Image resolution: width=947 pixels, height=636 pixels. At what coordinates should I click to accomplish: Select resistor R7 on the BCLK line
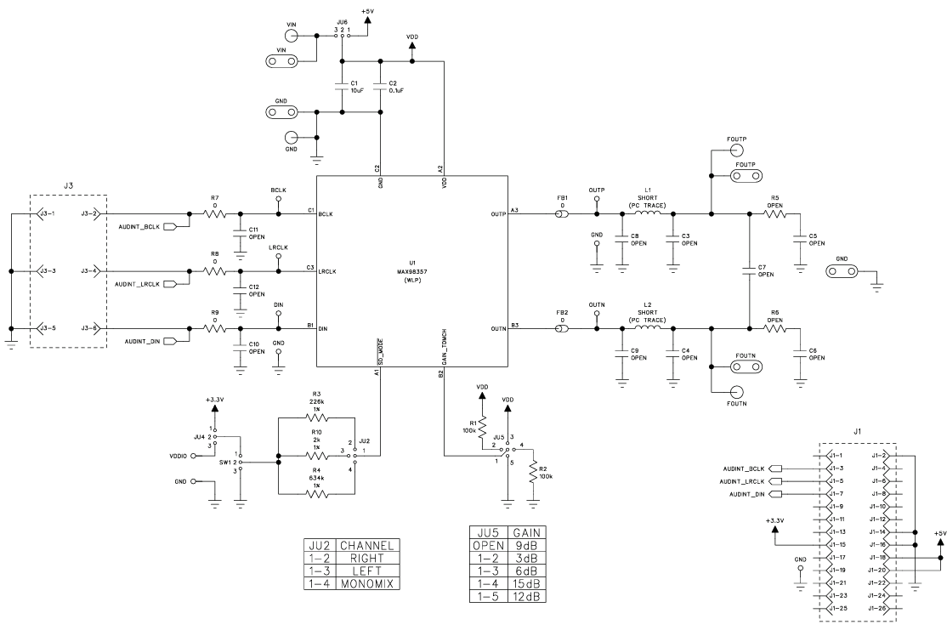point(215,214)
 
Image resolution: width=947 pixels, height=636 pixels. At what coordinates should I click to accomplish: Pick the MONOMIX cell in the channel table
point(367,584)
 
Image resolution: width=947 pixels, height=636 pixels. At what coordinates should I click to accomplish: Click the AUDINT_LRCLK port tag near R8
point(144,282)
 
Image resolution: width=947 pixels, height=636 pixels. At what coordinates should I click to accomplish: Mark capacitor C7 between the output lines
point(749,270)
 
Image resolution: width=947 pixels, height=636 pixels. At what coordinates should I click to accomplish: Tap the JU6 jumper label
point(342,21)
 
